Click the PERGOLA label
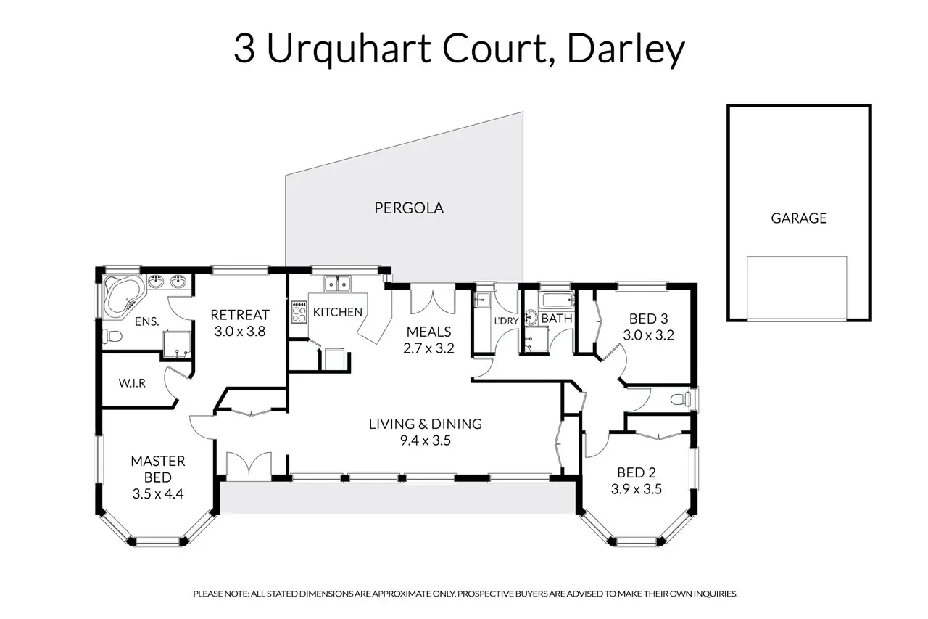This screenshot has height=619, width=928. tap(408, 208)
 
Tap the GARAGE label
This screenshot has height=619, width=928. tap(798, 217)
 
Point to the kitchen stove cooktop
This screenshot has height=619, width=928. tap(299, 313)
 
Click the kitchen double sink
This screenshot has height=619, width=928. tap(338, 284)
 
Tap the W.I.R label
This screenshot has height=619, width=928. tap(132, 383)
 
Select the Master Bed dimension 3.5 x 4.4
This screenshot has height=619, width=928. tap(158, 493)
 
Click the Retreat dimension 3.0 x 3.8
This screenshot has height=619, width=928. tap(240, 330)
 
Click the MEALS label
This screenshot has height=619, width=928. tap(424, 332)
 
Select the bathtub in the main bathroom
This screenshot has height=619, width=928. tap(556, 299)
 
